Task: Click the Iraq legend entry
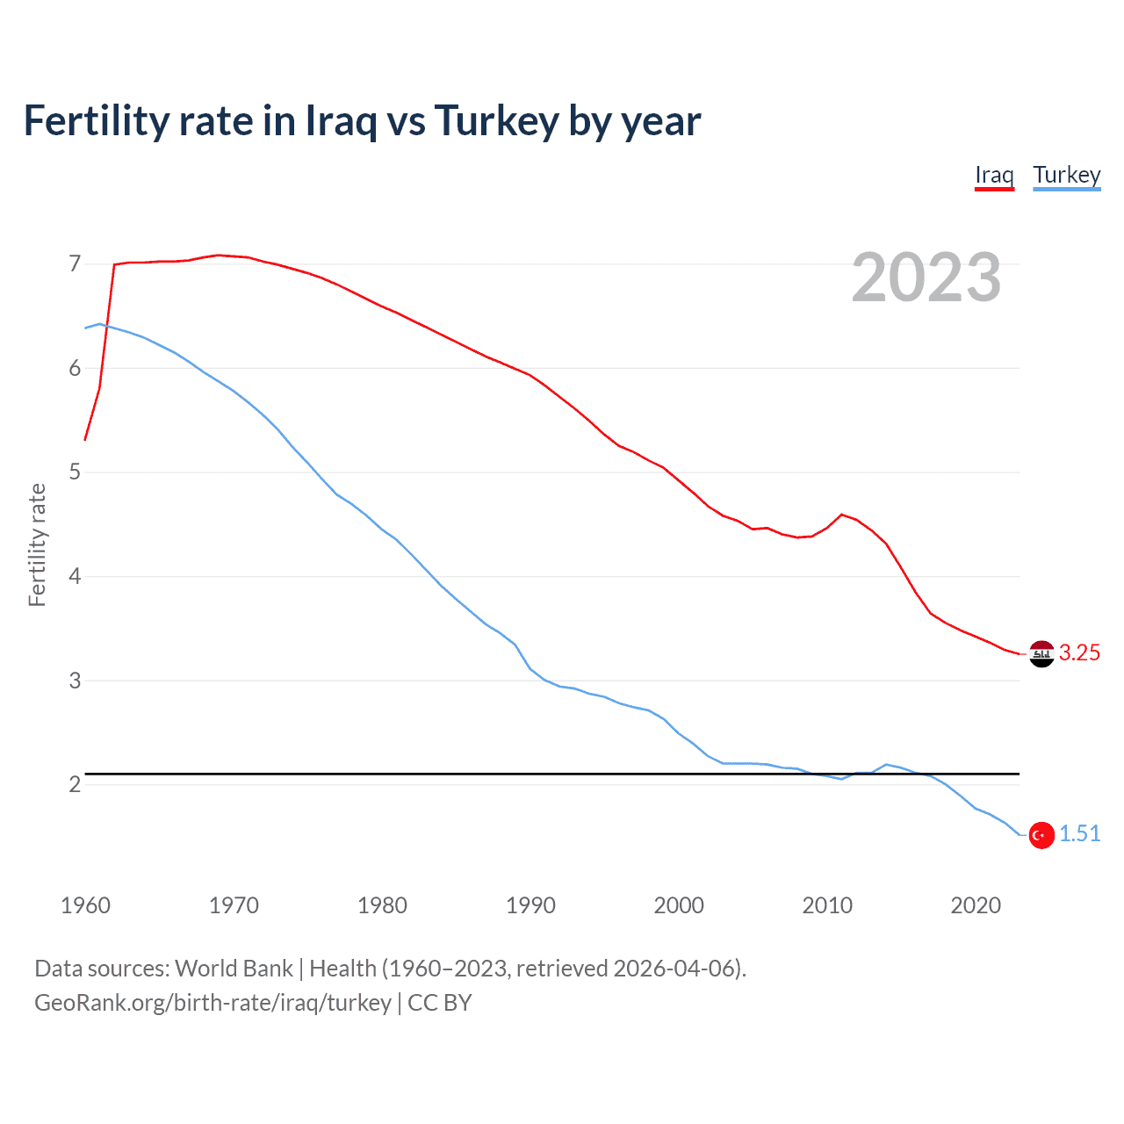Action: point(994,175)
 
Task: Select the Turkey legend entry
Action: point(1066,175)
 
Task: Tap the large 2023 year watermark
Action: point(926,277)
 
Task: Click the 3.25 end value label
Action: point(1079,652)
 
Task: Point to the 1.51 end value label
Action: point(1079,833)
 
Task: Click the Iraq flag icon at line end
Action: point(1041,654)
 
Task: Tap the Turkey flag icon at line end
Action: point(1041,835)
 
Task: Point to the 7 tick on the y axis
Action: point(75,263)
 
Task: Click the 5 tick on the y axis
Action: point(75,472)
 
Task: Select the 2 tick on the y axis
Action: point(75,784)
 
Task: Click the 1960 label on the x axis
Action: point(85,905)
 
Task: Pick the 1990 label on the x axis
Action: point(530,905)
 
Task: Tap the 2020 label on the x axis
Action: point(976,905)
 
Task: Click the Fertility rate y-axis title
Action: point(37,544)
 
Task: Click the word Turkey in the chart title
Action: point(496,121)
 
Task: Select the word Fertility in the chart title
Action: point(96,121)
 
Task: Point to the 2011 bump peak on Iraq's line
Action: point(842,515)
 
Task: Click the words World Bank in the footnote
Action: point(234,969)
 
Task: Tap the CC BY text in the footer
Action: point(440,1003)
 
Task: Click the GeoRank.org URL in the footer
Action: point(213,1003)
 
